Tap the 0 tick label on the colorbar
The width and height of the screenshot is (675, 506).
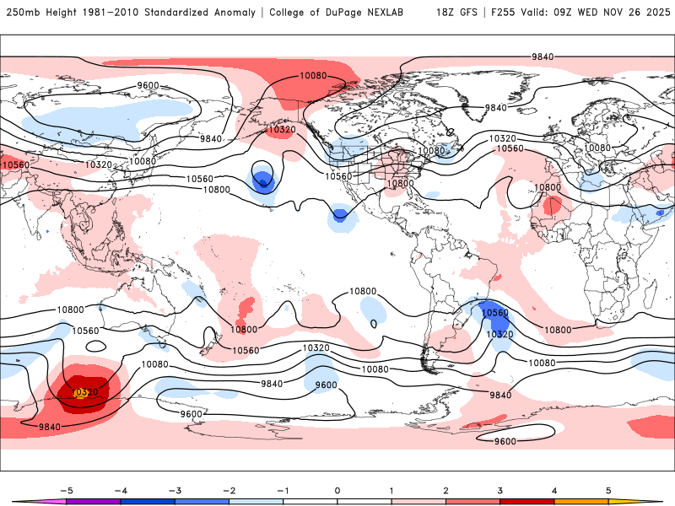click(x=337, y=489)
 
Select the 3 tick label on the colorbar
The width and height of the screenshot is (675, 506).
click(x=499, y=489)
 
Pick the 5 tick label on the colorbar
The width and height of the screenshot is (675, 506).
click(x=608, y=489)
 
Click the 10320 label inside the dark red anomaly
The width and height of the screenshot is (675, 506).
click(x=84, y=392)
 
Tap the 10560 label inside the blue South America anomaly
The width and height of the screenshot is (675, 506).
click(x=495, y=313)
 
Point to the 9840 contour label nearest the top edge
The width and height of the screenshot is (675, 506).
click(x=543, y=57)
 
